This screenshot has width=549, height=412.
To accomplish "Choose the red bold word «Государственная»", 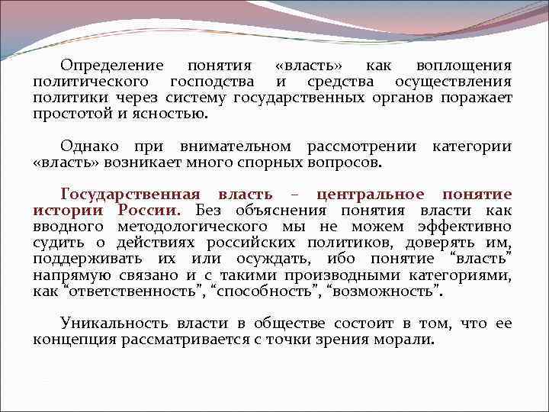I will (x=129, y=195).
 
